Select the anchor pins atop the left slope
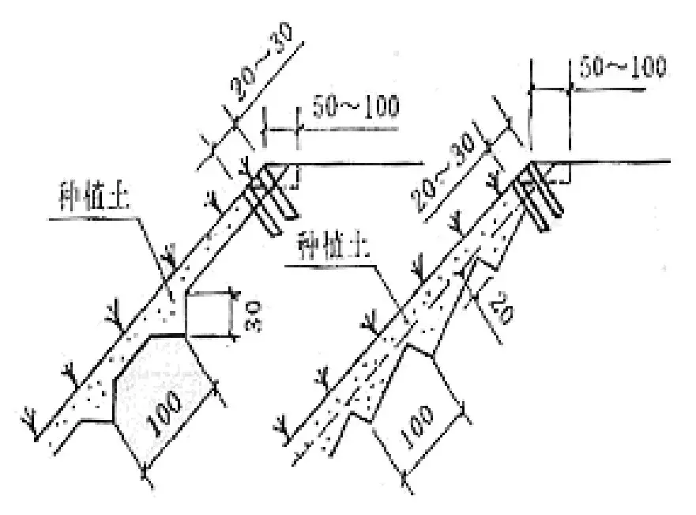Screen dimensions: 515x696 click(x=273, y=202)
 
